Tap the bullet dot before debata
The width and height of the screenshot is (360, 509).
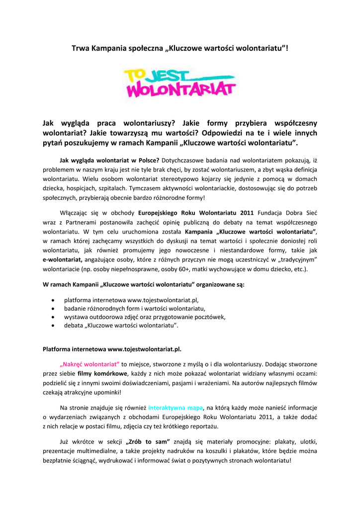(53, 326)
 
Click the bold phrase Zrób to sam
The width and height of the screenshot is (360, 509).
(149, 442)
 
